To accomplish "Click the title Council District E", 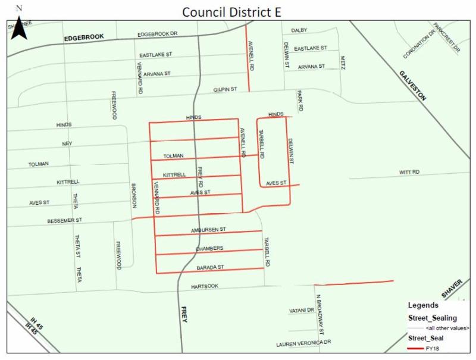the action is pyautogui.click(x=237, y=12).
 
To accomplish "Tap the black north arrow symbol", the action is pyautogui.click(x=20, y=27).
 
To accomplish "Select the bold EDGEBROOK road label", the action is pyautogui.click(x=84, y=37).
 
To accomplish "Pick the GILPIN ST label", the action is pyautogui.click(x=226, y=89).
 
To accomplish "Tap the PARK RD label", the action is pyautogui.click(x=301, y=101).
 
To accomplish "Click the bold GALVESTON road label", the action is pyautogui.click(x=413, y=86).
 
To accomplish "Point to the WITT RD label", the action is pyautogui.click(x=409, y=172).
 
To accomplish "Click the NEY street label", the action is pyautogui.click(x=67, y=144).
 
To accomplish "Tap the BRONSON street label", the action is pyautogui.click(x=134, y=195).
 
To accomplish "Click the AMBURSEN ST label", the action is pyautogui.click(x=208, y=229).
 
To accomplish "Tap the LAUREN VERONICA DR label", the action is pyautogui.click(x=303, y=344).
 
